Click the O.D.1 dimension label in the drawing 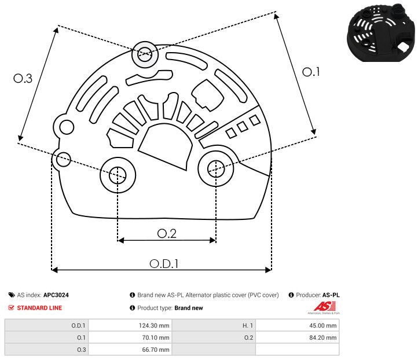[x=164, y=263]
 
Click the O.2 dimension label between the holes [x=167, y=233]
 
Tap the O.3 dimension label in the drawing [x=23, y=78]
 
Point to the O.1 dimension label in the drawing [x=311, y=72]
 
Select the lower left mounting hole [x=118, y=173]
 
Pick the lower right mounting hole [x=215, y=168]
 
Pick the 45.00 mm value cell [x=298, y=325]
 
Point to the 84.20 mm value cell [x=298, y=337]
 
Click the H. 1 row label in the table [x=214, y=325]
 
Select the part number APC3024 [x=60, y=295]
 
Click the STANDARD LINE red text [x=39, y=308]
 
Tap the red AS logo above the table [x=321, y=307]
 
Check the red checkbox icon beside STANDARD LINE [x=12, y=308]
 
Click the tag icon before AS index [x=12, y=295]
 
